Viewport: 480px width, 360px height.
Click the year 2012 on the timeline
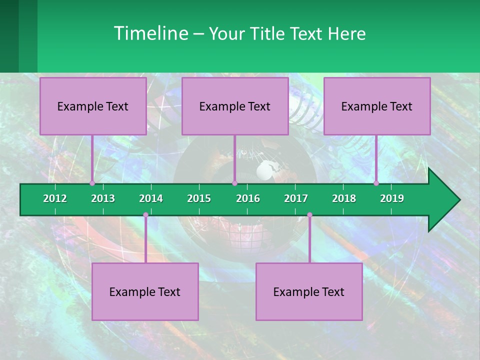click(x=55, y=198)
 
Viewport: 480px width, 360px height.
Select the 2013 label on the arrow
click(x=103, y=198)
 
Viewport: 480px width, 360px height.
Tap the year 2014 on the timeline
click(x=151, y=198)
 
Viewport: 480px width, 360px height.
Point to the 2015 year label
click(x=199, y=198)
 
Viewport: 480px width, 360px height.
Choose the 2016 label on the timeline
click(x=248, y=198)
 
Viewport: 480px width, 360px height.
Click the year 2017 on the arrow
click(x=296, y=198)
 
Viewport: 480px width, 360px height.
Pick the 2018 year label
click(x=344, y=198)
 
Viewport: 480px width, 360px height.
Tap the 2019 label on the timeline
click(x=392, y=198)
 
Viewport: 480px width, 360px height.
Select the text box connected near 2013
click(x=93, y=106)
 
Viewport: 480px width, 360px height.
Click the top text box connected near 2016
click(x=235, y=106)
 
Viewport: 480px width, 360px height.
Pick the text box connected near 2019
click(x=377, y=106)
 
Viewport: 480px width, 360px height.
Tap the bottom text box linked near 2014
click(x=145, y=291)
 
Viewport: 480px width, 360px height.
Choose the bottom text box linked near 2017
click(x=309, y=291)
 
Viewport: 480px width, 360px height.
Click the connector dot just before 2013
click(x=92, y=183)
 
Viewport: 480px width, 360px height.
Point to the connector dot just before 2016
click(x=234, y=183)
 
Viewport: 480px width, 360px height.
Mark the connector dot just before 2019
click(x=376, y=183)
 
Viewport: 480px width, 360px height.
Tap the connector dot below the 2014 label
click(x=145, y=215)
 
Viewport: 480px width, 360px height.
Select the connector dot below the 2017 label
click(x=309, y=215)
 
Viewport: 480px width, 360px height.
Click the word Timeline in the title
click(x=150, y=33)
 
